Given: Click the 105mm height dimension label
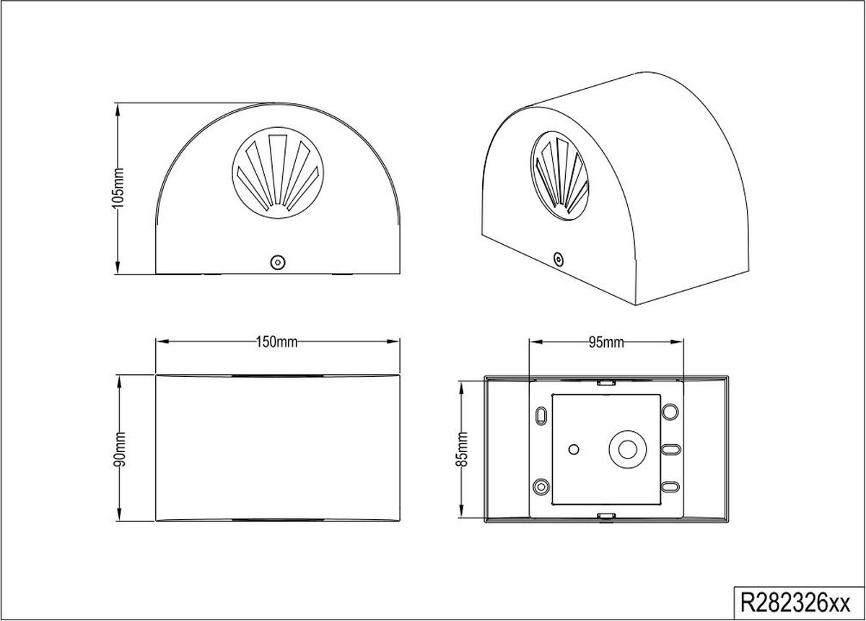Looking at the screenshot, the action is click(x=118, y=188).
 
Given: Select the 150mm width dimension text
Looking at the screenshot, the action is click(x=276, y=342).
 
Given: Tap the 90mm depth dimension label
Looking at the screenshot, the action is click(x=120, y=450).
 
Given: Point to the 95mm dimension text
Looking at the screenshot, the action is click(x=606, y=342).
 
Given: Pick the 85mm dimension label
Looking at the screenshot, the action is click(x=462, y=449).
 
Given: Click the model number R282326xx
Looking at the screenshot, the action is click(x=795, y=603).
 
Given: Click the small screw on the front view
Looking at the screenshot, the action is click(x=278, y=262).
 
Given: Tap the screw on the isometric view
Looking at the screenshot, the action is click(x=559, y=259).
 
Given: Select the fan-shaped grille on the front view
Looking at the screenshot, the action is click(x=278, y=173).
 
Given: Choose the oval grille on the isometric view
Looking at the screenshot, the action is click(x=559, y=176).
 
